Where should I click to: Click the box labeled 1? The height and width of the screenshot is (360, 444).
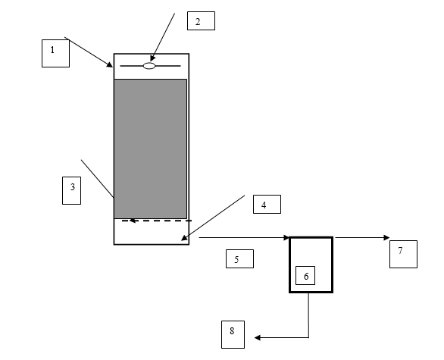coord(55,53)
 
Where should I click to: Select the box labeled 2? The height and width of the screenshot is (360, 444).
coord(201,20)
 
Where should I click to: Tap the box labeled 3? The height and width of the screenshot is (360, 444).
coord(72,190)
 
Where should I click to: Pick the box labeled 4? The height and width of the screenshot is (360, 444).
coord(267,204)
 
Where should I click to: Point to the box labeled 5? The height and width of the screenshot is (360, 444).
coord(240,258)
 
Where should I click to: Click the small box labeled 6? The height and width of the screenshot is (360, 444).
coord(305,275)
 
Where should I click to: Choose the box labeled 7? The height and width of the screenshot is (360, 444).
coord(403,254)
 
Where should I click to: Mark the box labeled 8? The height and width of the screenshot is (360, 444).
coord(233,334)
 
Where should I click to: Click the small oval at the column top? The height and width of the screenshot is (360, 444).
coord(149,66)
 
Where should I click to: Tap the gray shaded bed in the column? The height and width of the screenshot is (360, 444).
coord(150,149)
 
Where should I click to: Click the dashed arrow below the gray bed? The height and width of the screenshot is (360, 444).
coord(157,221)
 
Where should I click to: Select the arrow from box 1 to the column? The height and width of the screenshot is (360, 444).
coord(89,52)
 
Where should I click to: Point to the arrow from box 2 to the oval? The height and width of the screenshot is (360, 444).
coord(163,37)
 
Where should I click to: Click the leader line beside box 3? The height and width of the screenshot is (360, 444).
coord(98,179)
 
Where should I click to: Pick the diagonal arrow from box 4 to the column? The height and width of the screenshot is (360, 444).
coord(213,218)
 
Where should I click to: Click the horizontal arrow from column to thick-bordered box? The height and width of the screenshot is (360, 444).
coord(245,238)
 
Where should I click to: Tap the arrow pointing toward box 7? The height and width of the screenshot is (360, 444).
coord(362,238)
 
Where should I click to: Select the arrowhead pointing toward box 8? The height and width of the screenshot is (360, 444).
coord(258,337)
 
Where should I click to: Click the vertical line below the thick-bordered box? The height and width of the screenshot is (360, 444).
coord(308,315)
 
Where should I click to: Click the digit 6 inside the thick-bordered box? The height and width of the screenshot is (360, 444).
coord(306,276)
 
